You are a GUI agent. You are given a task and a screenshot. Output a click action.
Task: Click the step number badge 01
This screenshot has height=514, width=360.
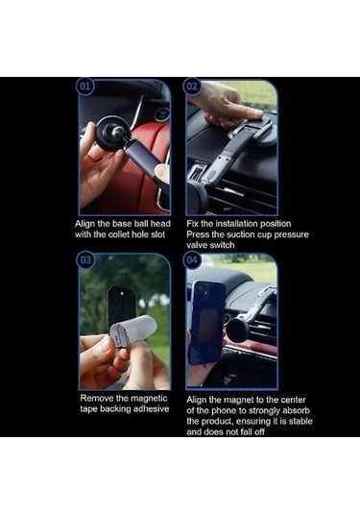click(x=84, y=86)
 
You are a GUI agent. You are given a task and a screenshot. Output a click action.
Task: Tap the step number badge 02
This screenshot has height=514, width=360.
click(x=192, y=86)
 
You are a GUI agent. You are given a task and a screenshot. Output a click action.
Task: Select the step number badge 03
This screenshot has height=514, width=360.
click(x=84, y=260)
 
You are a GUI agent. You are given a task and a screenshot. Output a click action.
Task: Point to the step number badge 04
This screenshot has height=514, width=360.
click(x=192, y=260)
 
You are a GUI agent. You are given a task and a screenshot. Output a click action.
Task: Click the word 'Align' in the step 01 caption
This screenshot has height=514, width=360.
click(x=85, y=224)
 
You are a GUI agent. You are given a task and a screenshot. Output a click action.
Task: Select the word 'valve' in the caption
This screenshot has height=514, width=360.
click(x=197, y=245)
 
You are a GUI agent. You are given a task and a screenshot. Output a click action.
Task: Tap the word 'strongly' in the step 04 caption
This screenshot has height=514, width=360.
click(x=265, y=411)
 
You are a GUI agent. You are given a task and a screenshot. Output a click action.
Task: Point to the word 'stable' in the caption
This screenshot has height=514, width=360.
click(x=300, y=421)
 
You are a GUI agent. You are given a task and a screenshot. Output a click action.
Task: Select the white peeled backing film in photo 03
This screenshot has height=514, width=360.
click(x=134, y=330)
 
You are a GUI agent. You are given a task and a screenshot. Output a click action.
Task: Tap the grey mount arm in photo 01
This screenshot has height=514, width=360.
click(x=143, y=158)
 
